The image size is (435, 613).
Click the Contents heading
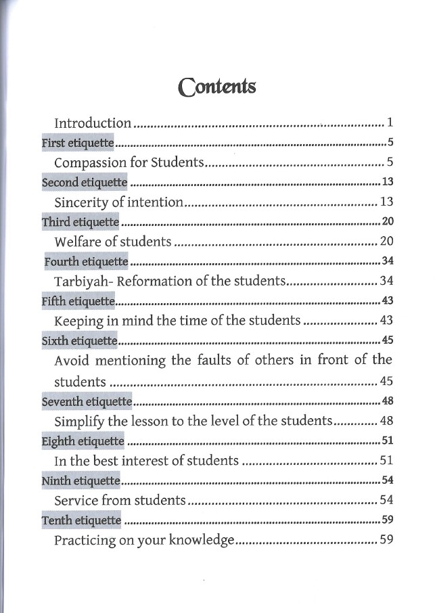coord(216,87)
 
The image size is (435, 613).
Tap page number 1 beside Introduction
coord(390,123)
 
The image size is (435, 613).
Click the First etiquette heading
coord(78,143)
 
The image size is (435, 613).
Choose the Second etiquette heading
coord(85,182)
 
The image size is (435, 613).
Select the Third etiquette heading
coord(81,221)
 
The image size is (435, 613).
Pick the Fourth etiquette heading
coord(86,261)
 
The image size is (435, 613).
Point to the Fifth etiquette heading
coord(78,300)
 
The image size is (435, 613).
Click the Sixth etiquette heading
coord(80,340)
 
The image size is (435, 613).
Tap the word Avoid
coord(70,359)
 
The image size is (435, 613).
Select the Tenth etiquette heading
coord(81,520)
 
